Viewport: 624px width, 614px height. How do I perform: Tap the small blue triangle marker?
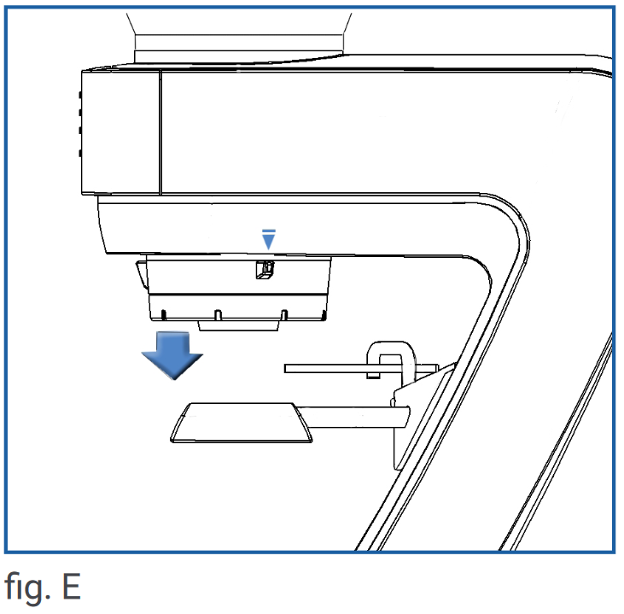click(269, 241)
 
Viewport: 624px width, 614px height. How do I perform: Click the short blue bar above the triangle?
click(269, 231)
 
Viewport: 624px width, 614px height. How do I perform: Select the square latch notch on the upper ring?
click(265, 270)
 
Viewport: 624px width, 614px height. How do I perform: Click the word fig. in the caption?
click(27, 587)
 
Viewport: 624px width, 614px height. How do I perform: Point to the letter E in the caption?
click(72, 586)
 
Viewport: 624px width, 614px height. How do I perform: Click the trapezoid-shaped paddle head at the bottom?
click(242, 423)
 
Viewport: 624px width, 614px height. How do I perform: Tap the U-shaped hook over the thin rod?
click(391, 360)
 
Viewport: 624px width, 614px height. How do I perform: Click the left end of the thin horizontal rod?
click(285, 369)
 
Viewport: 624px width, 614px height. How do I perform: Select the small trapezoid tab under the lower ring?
click(238, 325)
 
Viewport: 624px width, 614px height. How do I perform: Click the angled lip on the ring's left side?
click(142, 274)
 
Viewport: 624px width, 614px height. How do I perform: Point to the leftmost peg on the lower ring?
click(163, 314)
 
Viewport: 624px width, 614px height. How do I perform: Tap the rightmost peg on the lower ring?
click(324, 315)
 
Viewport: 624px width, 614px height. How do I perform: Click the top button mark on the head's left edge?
click(80, 95)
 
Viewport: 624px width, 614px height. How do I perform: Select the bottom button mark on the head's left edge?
click(80, 153)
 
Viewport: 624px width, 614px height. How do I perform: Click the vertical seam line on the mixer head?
click(160, 132)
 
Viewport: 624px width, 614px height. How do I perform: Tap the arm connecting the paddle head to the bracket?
click(353, 417)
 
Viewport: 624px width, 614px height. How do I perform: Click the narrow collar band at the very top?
click(239, 43)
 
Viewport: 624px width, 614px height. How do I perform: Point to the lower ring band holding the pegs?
click(238, 307)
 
